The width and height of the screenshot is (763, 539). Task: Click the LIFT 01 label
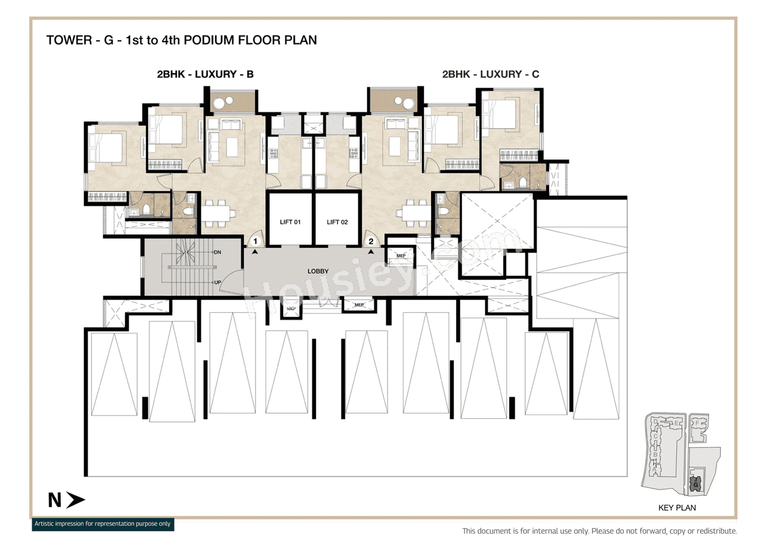(x=290, y=222)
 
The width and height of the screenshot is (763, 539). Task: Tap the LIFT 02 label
(x=337, y=222)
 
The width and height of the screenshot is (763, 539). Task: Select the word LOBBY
(x=318, y=271)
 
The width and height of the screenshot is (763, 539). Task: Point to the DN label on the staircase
(x=218, y=253)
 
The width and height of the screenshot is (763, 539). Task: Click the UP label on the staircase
(x=218, y=282)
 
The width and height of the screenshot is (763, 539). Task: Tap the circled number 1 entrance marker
(x=255, y=241)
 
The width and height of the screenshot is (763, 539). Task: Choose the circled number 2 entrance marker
(x=371, y=241)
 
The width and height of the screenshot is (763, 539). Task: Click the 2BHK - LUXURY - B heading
(x=205, y=74)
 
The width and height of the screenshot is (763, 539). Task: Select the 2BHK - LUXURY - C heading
(x=491, y=74)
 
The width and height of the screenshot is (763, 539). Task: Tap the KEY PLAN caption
(x=677, y=508)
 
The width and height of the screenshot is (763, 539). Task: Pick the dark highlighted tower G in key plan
(x=695, y=485)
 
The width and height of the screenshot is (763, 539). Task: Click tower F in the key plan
(x=697, y=424)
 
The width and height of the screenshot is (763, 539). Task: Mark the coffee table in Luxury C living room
(x=394, y=145)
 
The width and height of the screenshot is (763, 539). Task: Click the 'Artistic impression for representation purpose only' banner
(x=103, y=524)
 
